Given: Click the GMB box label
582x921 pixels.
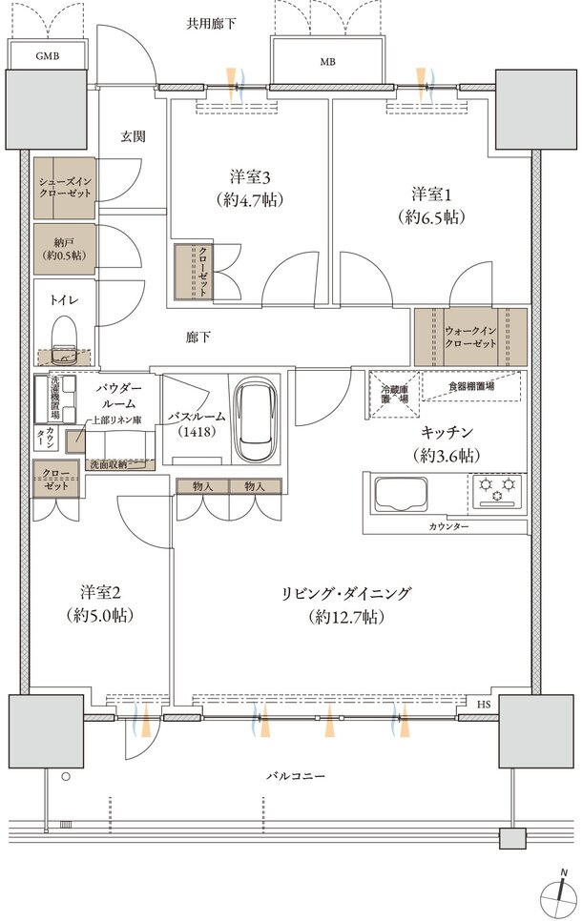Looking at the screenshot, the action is [x=47, y=57].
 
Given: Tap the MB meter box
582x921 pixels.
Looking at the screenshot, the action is [x=327, y=61].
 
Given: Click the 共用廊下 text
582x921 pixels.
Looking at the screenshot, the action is [x=211, y=24].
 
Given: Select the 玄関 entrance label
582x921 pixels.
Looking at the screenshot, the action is [x=133, y=137].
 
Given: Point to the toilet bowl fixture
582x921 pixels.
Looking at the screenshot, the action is [x=65, y=339].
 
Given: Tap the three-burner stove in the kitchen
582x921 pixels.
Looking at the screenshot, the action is [x=497, y=490].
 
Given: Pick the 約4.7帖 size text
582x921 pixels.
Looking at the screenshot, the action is [x=249, y=199].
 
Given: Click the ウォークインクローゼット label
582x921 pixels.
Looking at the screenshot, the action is [x=470, y=338].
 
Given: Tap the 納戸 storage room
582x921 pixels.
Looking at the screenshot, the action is [x=65, y=249].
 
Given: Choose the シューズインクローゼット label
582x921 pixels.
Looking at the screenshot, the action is [x=65, y=187].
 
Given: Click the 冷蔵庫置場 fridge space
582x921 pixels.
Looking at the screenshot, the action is [x=394, y=394].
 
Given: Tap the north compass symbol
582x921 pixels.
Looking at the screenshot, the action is [x=560, y=891].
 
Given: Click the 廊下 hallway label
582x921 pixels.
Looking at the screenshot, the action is [x=197, y=338].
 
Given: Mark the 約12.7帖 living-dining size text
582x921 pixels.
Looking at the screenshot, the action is [x=345, y=617].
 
